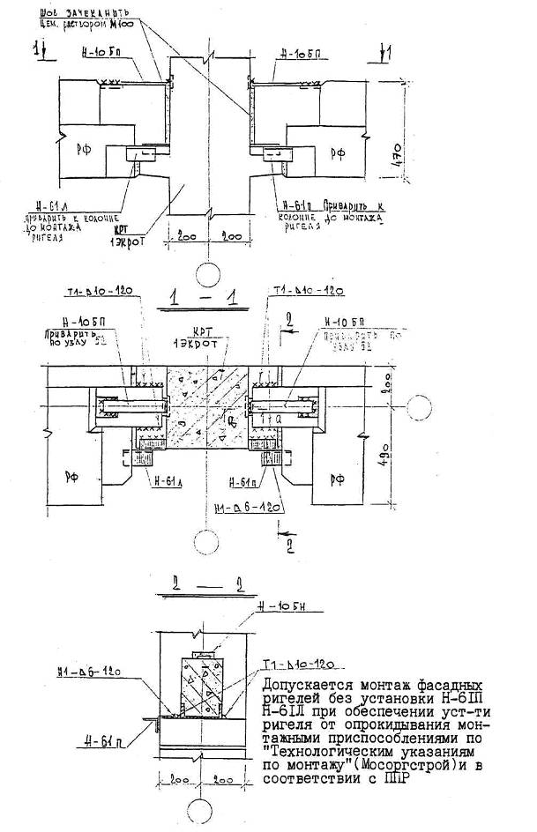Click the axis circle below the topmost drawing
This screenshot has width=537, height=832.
click(207, 272)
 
